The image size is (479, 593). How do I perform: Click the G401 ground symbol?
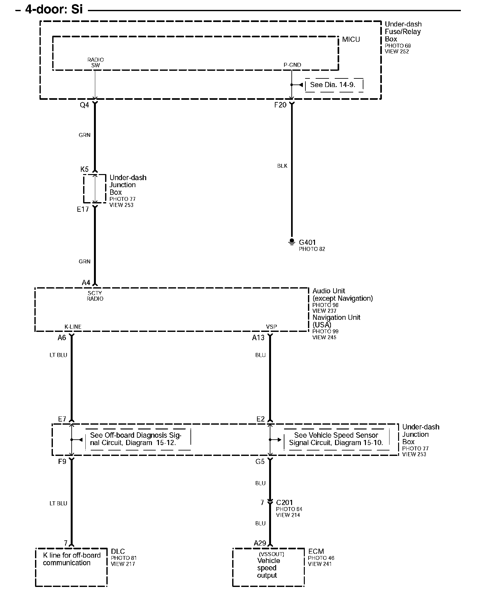pos(292,242)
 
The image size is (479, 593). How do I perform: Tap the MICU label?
pos(351,40)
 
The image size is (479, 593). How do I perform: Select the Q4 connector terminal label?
pos(84,105)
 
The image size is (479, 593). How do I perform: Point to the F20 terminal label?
pos(280,105)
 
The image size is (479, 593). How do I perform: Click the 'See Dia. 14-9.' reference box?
pos(333,85)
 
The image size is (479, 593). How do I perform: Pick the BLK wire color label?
pos(282,166)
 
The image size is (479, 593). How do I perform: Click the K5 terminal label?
pos(84,169)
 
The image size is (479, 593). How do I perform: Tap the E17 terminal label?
pos(83,209)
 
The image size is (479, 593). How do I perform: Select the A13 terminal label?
pos(258,338)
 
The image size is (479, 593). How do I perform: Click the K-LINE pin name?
pos(73,327)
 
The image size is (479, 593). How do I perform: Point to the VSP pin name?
pos(271,327)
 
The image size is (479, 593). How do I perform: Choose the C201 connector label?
pos(284,502)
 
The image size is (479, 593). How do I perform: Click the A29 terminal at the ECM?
pos(260,543)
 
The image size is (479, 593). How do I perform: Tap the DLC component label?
pos(118,552)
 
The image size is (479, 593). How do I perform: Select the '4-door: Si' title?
pos(54,10)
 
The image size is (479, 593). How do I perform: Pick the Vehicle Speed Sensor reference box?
pos(336,439)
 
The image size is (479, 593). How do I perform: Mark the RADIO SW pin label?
pos(96,62)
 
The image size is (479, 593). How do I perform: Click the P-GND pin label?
pos(292,65)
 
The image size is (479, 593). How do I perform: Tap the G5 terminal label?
pos(260,461)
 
